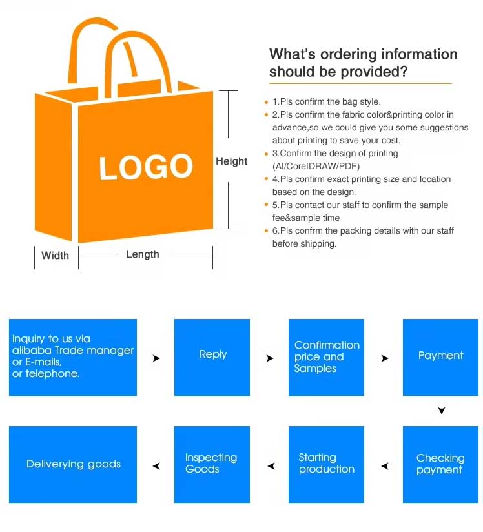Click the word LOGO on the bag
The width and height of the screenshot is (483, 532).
(146, 167)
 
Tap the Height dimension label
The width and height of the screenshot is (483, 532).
(231, 161)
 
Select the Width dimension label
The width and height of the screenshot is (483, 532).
(55, 255)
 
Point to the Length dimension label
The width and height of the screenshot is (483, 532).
(143, 254)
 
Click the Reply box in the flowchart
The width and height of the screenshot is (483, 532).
(212, 357)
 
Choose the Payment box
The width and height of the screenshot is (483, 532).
(440, 357)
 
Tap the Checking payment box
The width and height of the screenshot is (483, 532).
(440, 464)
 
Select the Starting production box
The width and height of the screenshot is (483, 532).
(326, 464)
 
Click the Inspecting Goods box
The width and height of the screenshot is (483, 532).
(212, 464)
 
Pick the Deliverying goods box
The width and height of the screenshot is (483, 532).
(73, 464)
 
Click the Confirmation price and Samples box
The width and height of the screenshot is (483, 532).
(326, 357)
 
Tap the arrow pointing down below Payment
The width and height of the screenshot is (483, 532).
(442, 411)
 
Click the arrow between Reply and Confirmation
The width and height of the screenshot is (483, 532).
(270, 358)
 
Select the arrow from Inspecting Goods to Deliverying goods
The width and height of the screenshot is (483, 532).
(156, 466)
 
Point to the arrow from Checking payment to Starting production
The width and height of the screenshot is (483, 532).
(385, 466)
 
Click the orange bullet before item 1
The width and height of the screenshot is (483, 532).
(267, 102)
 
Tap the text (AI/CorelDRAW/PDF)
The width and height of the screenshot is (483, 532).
(316, 167)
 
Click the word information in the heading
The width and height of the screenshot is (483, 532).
(420, 54)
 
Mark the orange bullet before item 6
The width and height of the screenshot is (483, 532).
(267, 231)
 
